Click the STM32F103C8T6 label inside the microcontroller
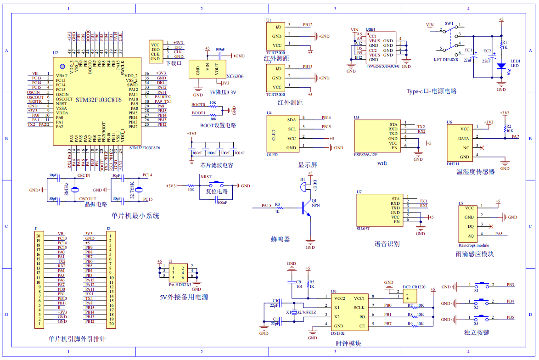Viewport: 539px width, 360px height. (x=98, y=100)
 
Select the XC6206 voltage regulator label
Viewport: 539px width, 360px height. (x=235, y=77)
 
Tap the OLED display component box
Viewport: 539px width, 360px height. (x=282, y=134)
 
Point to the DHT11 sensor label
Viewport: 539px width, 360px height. (x=453, y=163)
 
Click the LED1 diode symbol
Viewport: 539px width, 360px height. (x=501, y=67)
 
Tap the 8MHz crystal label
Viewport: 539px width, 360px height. (x=67, y=189)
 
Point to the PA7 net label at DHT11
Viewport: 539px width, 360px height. (x=515, y=136)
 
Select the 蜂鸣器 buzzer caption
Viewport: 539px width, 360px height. (x=280, y=239)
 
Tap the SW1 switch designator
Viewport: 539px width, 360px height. (x=449, y=23)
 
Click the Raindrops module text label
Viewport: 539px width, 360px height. (x=473, y=245)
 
